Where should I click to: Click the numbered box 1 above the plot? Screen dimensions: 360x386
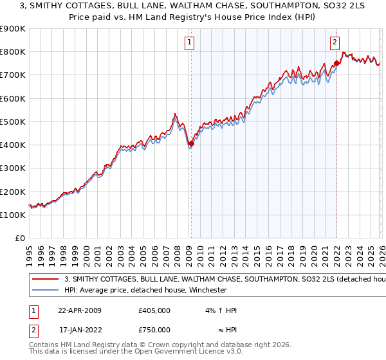190,43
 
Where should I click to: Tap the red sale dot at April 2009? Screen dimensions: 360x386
191,144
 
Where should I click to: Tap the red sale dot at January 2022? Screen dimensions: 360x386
336,64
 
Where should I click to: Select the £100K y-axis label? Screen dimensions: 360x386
13,215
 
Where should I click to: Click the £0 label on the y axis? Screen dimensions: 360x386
19,239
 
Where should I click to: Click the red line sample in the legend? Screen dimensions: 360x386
46,280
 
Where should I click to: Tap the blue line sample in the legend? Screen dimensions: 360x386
46,290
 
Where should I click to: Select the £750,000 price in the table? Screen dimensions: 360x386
154,330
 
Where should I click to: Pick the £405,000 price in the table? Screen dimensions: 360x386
154,310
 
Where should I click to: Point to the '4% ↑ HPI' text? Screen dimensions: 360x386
221,310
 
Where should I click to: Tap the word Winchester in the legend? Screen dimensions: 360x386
205,290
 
